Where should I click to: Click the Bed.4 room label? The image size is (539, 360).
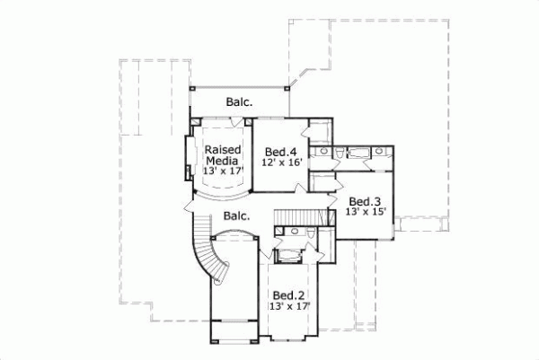(281, 150)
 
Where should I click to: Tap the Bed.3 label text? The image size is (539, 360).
(366, 201)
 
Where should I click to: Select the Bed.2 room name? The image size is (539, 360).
(288, 294)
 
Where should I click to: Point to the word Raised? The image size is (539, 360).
(220, 149)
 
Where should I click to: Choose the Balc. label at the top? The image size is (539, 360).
(239, 101)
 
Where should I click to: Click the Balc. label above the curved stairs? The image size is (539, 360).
(236, 216)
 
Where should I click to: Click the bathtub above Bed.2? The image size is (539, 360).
(289, 257)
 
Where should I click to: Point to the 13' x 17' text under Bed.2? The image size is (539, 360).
(287, 306)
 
